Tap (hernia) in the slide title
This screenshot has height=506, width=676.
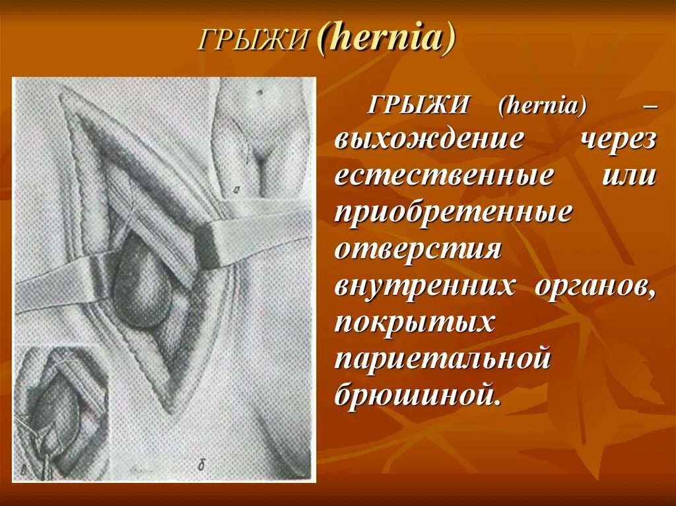coord(385,40)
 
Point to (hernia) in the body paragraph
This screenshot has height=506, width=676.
coord(542,106)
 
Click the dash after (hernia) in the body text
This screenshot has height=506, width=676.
coord(649,106)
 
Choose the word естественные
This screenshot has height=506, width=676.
coord(444,177)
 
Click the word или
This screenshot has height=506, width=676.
coord(629,177)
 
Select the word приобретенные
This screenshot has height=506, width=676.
coord(454,213)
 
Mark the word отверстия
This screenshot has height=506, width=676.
coord(419,249)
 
